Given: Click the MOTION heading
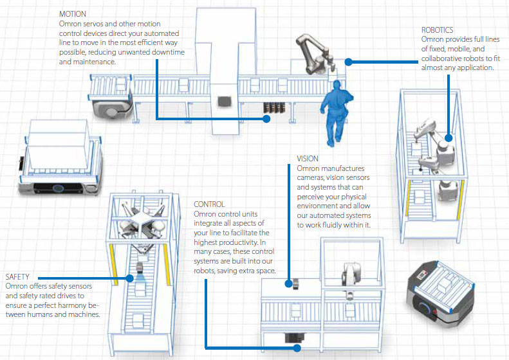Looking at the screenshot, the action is coord(72,14).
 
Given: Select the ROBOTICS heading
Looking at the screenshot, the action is coord(437,30).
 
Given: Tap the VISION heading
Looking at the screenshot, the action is coord(308,159).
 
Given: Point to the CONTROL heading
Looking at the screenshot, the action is coord(209,204).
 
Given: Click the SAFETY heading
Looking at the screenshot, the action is coord(17,277).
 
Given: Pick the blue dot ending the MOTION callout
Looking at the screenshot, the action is coord(266,119).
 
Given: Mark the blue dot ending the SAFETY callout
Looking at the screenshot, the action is coord(129,278).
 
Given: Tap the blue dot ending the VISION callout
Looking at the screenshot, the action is coord(288,283).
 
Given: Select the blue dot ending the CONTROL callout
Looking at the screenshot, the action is coord(297,348).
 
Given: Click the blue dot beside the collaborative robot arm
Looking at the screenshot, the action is coord(348,62).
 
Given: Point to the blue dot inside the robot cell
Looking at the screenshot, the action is coord(449,138).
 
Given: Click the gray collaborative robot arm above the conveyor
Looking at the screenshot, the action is coord(315,53).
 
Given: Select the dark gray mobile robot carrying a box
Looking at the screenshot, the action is coord(440,291).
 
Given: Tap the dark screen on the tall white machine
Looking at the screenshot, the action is coord(225,101).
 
